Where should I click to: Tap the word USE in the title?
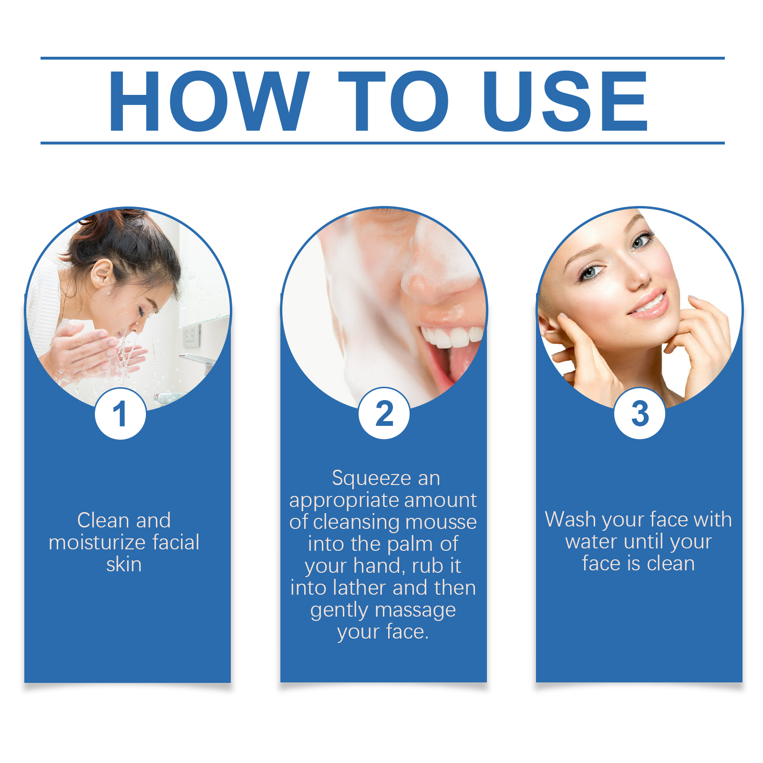(565, 101)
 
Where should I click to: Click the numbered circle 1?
(121, 413)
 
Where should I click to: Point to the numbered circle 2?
(384, 413)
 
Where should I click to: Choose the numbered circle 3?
(639, 413)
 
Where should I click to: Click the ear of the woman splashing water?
(102, 273)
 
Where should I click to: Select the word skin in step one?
(124, 564)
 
